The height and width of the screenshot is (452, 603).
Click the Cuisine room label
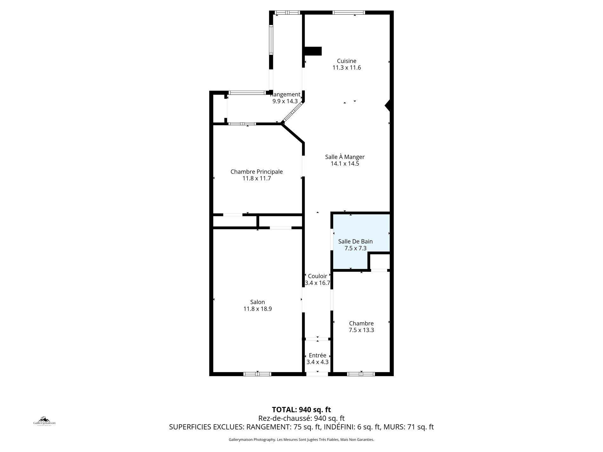point(347,61)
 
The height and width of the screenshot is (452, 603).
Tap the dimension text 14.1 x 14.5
point(345,164)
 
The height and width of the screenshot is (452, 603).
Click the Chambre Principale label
point(256,172)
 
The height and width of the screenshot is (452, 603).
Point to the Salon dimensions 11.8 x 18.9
point(257,309)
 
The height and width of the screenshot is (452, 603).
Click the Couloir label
point(317,276)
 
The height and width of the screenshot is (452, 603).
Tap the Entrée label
point(317,356)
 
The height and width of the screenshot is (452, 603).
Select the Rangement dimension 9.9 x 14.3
point(285,102)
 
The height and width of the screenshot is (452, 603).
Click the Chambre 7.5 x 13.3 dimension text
point(361,330)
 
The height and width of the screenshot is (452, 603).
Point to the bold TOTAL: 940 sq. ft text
point(301,410)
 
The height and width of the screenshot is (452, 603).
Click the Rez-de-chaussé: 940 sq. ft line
point(301,418)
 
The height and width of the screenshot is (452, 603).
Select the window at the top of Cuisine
point(348,13)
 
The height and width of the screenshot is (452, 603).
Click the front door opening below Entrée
point(317,374)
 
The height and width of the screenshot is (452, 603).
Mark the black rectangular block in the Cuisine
point(313,51)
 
